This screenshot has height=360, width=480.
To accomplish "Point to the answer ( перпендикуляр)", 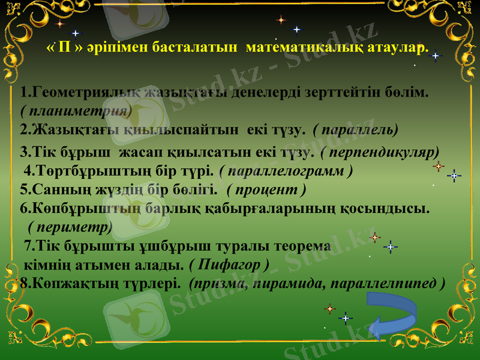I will (x=380, y=151).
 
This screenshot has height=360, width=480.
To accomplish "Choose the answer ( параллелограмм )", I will (x=286, y=170).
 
